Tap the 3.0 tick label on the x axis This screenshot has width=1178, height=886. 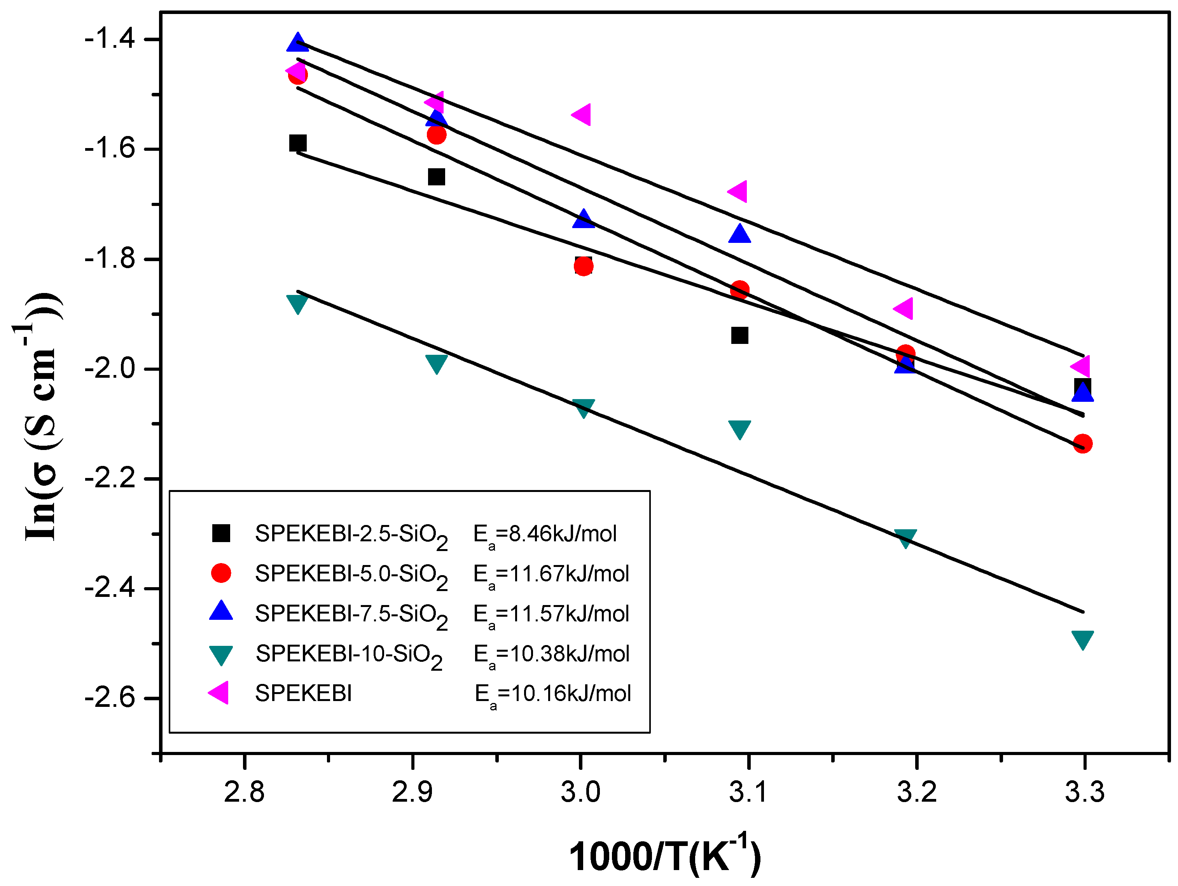click(x=580, y=792)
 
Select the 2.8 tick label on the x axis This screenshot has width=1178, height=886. click(x=244, y=792)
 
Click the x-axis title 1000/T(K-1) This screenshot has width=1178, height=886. click(x=665, y=855)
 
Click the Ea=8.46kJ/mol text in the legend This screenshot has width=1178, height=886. click(x=545, y=534)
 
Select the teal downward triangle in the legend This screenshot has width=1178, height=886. click(x=221, y=654)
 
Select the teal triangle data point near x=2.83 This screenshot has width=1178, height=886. click(x=297, y=303)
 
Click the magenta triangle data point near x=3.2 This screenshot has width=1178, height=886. click(x=904, y=308)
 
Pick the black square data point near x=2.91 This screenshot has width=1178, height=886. click(x=437, y=177)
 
